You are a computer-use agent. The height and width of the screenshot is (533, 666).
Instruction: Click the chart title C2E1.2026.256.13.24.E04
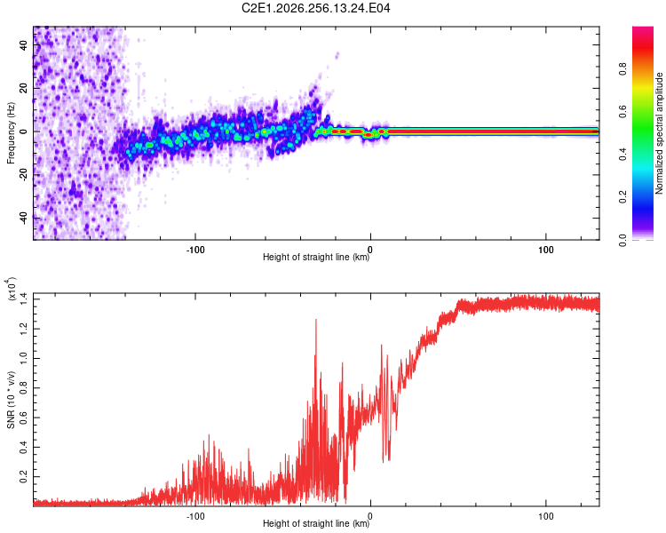(x=315, y=8)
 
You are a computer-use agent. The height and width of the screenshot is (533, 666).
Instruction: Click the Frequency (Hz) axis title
(x=11, y=133)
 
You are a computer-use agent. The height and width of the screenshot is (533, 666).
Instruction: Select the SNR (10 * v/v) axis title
(x=11, y=400)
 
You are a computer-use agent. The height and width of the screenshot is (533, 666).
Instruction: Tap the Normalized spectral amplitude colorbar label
(x=659, y=133)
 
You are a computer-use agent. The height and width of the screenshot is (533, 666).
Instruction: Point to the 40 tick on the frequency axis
(x=24, y=45)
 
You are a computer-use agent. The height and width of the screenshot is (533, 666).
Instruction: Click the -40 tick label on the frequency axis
(x=24, y=217)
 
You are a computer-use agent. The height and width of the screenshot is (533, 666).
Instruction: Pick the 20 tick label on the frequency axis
(x=24, y=89)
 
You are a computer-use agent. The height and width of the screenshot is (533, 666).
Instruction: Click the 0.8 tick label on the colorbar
(x=622, y=69)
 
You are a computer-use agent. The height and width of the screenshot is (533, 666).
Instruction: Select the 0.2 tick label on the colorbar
(x=622, y=197)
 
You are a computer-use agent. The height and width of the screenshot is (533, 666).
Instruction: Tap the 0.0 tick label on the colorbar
(x=622, y=240)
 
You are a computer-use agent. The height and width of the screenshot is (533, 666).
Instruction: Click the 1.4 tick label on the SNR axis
(x=24, y=299)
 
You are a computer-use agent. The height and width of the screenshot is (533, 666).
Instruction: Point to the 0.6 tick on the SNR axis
(x=24, y=418)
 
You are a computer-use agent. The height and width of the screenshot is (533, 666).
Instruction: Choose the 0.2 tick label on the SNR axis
(x=24, y=476)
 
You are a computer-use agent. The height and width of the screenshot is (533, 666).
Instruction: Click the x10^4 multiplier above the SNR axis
(x=12, y=289)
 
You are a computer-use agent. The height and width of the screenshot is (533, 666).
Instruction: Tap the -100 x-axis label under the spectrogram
(x=195, y=250)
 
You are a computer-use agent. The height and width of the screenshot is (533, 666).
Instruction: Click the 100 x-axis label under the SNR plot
(x=546, y=516)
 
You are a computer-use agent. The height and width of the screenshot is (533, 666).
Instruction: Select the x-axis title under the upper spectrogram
(x=316, y=257)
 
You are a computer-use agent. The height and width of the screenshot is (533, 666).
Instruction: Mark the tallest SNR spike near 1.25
(x=315, y=320)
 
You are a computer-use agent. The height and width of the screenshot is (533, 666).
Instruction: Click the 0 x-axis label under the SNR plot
(x=370, y=516)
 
